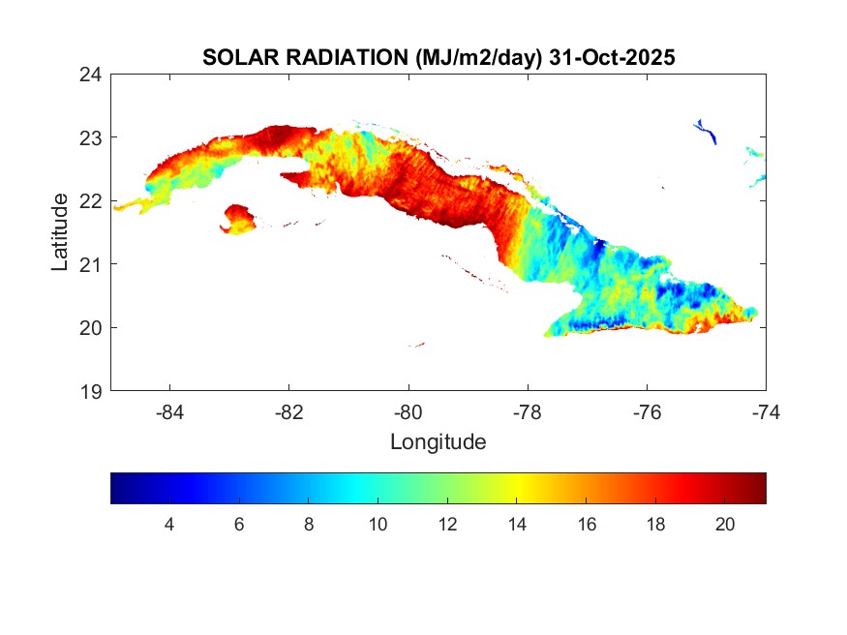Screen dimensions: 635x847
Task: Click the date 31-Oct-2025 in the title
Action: [611, 58]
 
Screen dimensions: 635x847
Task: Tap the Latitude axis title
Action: [60, 231]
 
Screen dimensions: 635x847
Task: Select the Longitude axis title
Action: [438, 442]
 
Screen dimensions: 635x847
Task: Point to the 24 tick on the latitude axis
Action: [92, 74]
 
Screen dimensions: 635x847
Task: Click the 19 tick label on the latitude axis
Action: [92, 391]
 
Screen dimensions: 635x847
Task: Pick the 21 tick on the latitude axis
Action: [92, 264]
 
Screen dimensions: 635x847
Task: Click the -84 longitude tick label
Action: [170, 411]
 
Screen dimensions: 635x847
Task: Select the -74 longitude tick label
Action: [765, 411]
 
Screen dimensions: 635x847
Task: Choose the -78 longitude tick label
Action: [528, 411]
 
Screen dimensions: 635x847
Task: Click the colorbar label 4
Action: [169, 524]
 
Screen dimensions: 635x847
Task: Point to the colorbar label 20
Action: [725, 524]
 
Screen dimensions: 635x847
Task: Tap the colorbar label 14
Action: [517, 524]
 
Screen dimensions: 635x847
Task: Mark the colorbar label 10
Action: [378, 524]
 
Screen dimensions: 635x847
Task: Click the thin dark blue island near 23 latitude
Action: [707, 131]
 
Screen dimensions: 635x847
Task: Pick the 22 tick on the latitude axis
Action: [92, 200]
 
